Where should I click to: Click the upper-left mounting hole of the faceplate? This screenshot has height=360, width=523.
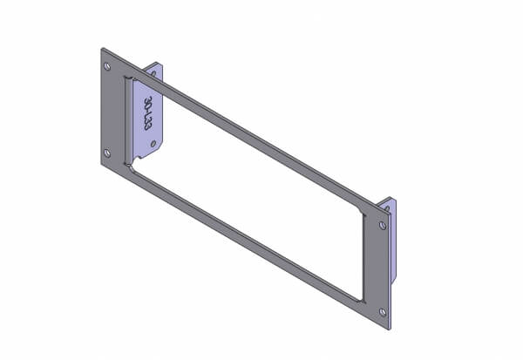click(107, 66)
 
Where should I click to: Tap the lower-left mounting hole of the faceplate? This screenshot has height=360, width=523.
click(107, 153)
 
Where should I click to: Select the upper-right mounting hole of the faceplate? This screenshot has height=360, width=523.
click(384, 225)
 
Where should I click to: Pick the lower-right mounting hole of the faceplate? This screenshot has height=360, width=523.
click(384, 310)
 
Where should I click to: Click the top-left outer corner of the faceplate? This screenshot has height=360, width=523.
click(101, 48)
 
